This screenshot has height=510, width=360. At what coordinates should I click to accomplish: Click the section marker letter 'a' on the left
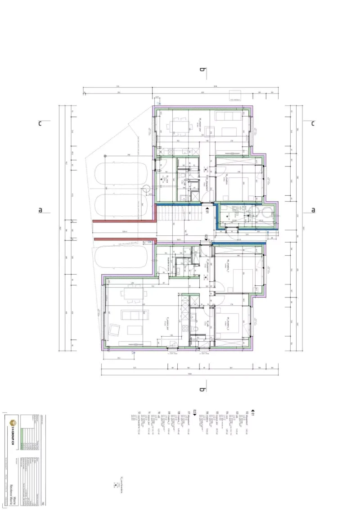[x=40, y=210]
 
